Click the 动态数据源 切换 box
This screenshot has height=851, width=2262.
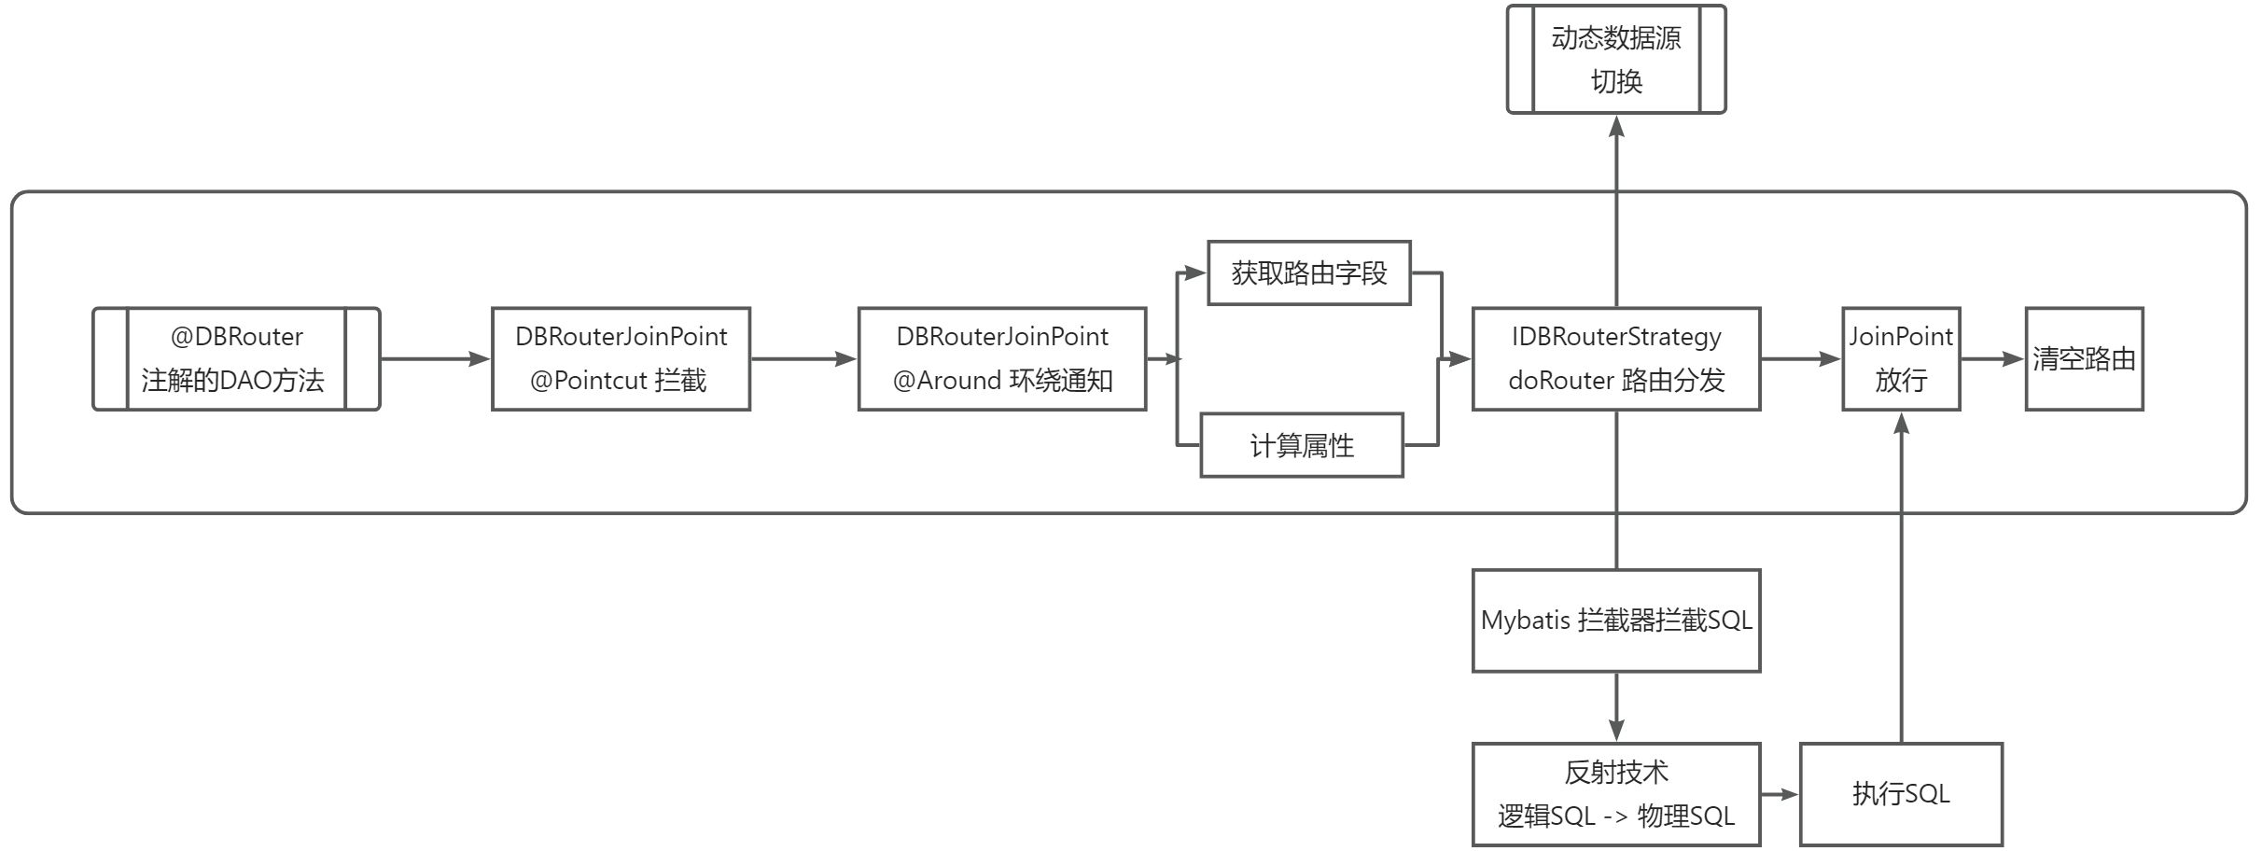1616,60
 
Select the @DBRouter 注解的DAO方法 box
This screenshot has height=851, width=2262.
236,359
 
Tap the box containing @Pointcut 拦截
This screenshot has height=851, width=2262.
621,359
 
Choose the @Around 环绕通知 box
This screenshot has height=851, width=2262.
1001,359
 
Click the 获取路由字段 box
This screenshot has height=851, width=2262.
1308,273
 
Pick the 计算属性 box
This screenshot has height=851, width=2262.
1301,446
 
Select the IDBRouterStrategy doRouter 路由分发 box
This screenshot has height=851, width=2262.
1616,359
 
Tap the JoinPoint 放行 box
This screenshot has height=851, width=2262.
1901,359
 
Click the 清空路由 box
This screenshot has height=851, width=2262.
2084,359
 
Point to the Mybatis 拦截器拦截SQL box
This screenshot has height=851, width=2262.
1616,621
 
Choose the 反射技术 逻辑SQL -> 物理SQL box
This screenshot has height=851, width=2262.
1616,794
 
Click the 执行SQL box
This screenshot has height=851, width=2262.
1901,794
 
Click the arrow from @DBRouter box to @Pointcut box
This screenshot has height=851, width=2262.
436,359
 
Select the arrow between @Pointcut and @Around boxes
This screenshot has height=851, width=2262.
803,359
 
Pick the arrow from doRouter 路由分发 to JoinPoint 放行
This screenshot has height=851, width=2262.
1801,359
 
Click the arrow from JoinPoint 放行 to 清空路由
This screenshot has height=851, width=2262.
1992,359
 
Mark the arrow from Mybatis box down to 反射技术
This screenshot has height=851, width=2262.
1616,707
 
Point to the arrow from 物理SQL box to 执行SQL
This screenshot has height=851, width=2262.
1780,794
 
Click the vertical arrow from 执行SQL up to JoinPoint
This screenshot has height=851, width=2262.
1901,579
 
